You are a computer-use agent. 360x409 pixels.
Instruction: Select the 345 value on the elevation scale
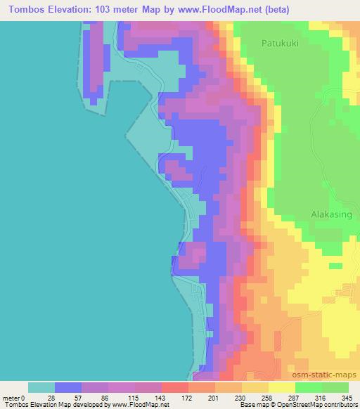348,398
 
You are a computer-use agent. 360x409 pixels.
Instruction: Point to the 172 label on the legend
187,398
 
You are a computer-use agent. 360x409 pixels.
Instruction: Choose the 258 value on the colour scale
268,398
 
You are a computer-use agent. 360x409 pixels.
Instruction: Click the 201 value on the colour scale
214,398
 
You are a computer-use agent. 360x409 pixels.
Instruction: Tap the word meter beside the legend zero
12,398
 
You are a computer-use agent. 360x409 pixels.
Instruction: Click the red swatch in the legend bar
174,387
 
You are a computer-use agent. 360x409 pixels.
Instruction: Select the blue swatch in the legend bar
67,387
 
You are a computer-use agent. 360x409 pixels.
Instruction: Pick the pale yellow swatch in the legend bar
281,387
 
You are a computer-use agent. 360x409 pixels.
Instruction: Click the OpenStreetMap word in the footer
295,405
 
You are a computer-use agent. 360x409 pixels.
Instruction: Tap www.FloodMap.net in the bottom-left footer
136,405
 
